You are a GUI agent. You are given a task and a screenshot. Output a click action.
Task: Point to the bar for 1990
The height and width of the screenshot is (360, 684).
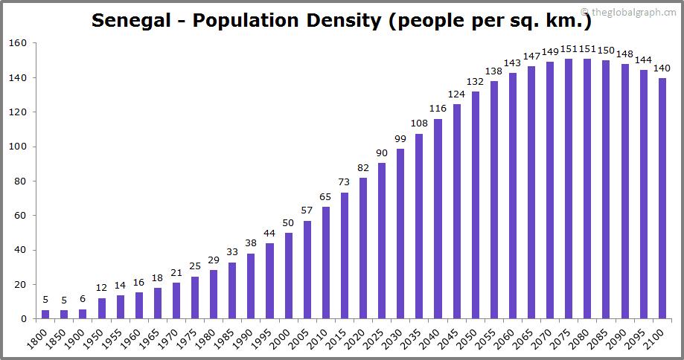(252, 286)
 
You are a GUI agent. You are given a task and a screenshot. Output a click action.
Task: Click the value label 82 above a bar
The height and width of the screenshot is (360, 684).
(363, 169)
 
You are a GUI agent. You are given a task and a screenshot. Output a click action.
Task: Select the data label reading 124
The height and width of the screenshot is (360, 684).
(456, 94)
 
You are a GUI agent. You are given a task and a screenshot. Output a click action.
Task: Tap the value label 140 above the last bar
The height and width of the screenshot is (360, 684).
(662, 68)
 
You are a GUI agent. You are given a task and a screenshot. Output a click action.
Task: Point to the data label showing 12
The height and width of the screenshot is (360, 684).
(102, 289)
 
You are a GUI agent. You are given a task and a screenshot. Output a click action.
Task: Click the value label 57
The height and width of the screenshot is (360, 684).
(307, 211)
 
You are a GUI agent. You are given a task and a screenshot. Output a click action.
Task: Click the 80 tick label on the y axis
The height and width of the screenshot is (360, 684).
(21, 181)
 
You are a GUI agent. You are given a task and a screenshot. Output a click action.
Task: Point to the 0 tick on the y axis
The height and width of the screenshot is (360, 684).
(24, 319)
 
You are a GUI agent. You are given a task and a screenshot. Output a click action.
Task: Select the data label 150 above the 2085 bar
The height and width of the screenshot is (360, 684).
(606, 51)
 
